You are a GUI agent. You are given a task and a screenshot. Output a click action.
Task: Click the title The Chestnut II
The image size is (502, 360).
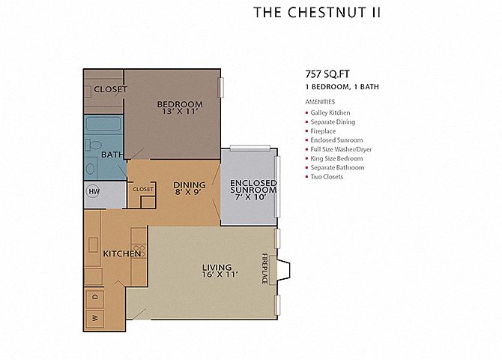[317, 13]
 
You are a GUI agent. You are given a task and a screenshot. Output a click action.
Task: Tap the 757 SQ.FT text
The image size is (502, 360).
[327, 74]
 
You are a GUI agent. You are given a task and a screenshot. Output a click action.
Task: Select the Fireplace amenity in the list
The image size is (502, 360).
[323, 131]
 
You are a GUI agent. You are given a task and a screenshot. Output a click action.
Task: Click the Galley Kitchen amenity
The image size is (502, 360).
[330, 112]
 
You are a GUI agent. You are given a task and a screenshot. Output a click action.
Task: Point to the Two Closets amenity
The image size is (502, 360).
[327, 177]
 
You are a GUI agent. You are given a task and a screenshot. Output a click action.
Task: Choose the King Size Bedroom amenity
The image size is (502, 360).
[336, 159]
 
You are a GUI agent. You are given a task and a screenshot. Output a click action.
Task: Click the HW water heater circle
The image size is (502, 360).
[94, 192]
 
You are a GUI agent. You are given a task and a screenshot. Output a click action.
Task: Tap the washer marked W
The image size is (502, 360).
[94, 318]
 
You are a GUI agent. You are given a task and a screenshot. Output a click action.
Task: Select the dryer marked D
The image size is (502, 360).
[94, 297]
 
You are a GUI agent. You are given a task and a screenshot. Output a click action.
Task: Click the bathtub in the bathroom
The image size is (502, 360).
[103, 124]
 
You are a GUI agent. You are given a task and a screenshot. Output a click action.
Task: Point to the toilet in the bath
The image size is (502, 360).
[94, 145]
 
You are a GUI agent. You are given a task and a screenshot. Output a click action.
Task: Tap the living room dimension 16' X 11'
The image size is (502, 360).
[220, 274]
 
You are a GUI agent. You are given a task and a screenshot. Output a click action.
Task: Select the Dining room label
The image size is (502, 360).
[190, 185]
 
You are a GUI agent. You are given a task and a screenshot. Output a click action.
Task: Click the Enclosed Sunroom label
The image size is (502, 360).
[253, 186]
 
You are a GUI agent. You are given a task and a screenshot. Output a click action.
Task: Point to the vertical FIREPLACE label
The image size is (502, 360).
[264, 268]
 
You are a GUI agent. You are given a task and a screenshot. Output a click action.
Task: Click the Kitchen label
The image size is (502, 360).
[121, 253]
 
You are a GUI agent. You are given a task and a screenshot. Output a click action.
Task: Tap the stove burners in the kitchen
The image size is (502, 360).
[139, 251]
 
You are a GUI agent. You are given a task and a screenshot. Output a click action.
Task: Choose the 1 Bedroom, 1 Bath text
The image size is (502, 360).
[342, 87]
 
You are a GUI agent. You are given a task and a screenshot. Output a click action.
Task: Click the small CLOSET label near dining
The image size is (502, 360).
[143, 189]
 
